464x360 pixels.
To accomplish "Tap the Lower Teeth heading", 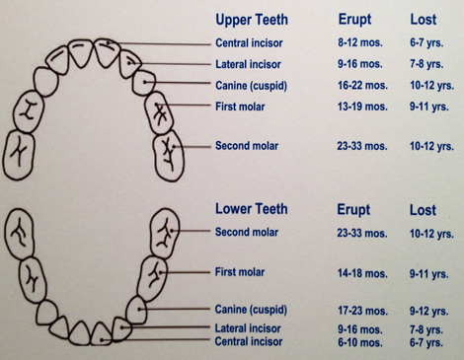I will [251, 209].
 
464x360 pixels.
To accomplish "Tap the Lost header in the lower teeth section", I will [422, 210].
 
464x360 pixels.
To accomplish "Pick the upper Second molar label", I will [247, 146].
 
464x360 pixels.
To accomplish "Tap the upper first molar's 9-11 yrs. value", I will [430, 107].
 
